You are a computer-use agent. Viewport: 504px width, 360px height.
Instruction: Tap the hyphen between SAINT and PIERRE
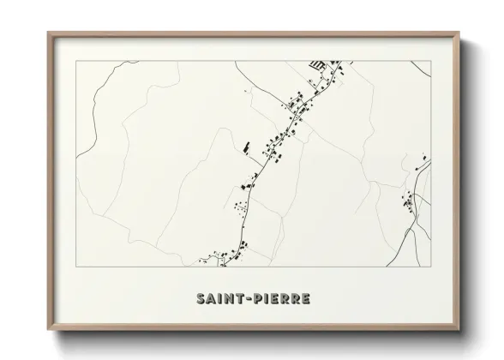click(x=247, y=298)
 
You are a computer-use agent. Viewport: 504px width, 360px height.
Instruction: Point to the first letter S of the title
click(x=199, y=298)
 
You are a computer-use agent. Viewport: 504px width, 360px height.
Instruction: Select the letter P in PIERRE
click(x=256, y=298)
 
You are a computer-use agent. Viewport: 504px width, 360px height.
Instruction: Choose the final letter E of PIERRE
click(x=306, y=298)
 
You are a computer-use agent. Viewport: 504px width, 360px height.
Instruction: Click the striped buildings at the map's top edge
click(x=316, y=64)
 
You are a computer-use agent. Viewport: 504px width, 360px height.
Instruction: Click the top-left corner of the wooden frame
click(x=48, y=33)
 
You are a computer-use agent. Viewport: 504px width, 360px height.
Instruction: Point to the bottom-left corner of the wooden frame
click(x=48, y=331)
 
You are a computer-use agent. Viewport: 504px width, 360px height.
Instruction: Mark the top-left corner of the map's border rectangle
click(x=76, y=62)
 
